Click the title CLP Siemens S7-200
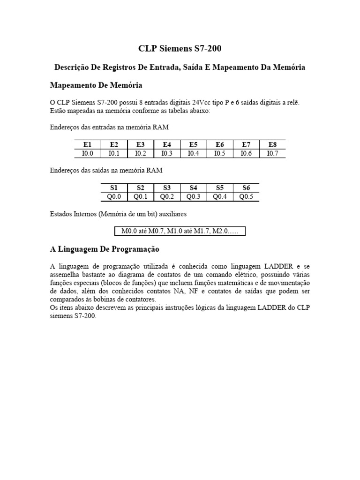180,49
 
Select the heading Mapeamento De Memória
96,85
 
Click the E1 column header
88,145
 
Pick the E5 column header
193,145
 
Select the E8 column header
272,145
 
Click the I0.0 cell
88,153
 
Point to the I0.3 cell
167,153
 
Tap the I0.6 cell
246,153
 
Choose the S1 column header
114,188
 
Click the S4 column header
193,188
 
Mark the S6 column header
246,188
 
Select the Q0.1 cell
140,196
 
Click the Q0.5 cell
246,196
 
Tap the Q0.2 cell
167,196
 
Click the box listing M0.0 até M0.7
180,231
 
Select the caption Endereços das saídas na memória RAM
106,171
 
